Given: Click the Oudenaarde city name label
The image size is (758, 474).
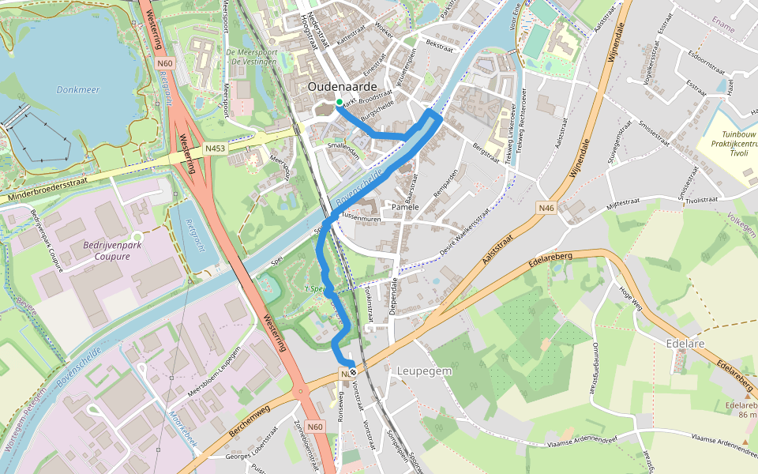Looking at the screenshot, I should click(x=343, y=86).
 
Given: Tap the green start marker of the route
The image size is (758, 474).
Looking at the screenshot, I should click(x=339, y=102).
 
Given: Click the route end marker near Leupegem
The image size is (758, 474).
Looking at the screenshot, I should click(x=353, y=372).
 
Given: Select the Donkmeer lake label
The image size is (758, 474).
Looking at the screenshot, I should click(x=78, y=90).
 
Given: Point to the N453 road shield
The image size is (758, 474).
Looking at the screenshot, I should click(x=215, y=148).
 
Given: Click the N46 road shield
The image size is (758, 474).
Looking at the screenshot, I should click(x=546, y=208).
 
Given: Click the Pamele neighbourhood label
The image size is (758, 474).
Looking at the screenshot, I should click(x=405, y=207).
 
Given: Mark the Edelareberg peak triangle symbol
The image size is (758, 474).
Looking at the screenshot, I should click(x=745, y=441).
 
